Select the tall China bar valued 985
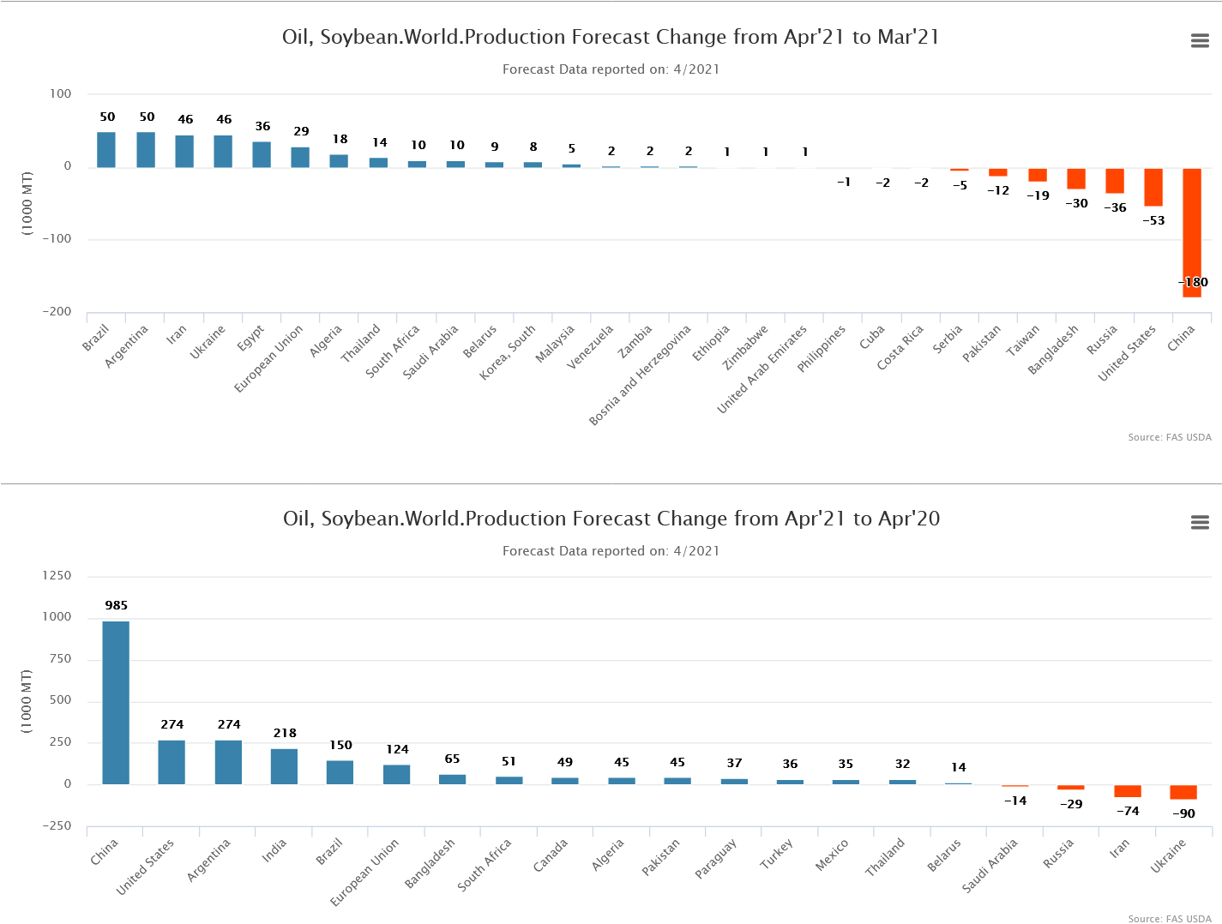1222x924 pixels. pyautogui.click(x=116, y=702)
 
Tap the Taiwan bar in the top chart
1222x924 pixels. pyautogui.click(x=1038, y=175)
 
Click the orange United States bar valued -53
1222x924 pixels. pyautogui.click(x=1153, y=187)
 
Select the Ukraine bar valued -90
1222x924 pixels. pyautogui.click(x=1183, y=792)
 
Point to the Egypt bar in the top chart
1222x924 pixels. pyautogui.click(x=262, y=154)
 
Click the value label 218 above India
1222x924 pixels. pyautogui.click(x=285, y=733)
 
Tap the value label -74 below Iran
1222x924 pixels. pyautogui.click(x=1128, y=811)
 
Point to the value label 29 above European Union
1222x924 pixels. pyautogui.click(x=301, y=131)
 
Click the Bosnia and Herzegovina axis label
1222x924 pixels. pyautogui.click(x=641, y=375)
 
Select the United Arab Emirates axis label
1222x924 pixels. pyautogui.click(x=762, y=369)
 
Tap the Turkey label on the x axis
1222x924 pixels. pyautogui.click(x=777, y=854)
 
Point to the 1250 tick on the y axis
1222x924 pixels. pyautogui.click(x=57, y=575)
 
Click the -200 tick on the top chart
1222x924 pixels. pyautogui.click(x=57, y=311)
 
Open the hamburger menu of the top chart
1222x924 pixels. pyautogui.click(x=1200, y=40)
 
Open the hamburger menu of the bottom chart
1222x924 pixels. pyautogui.click(x=1200, y=522)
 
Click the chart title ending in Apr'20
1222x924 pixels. pyautogui.click(x=611, y=519)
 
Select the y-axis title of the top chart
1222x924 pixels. pyautogui.click(x=27, y=203)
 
